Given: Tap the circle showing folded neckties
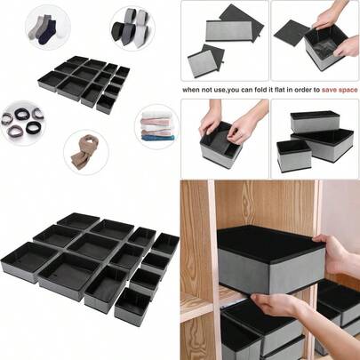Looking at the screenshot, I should (x=132, y=28).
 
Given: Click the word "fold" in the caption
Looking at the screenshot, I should (x=263, y=90).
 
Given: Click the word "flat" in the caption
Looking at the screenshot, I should (x=284, y=90).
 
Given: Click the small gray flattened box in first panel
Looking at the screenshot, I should (x=206, y=60).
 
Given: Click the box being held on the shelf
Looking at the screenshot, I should (x=270, y=257).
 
